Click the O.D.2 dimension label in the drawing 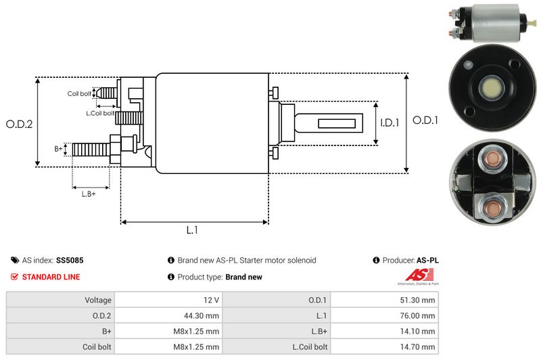coord(19,124)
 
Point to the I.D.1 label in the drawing coord(390,122)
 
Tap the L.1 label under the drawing coord(192,230)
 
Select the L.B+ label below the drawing coord(89,194)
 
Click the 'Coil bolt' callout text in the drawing coord(78,93)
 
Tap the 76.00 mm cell coord(420,315)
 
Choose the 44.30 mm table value coord(204,315)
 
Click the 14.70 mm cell coord(420,346)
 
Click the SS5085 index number coord(70,260)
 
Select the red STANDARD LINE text coord(51,277)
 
